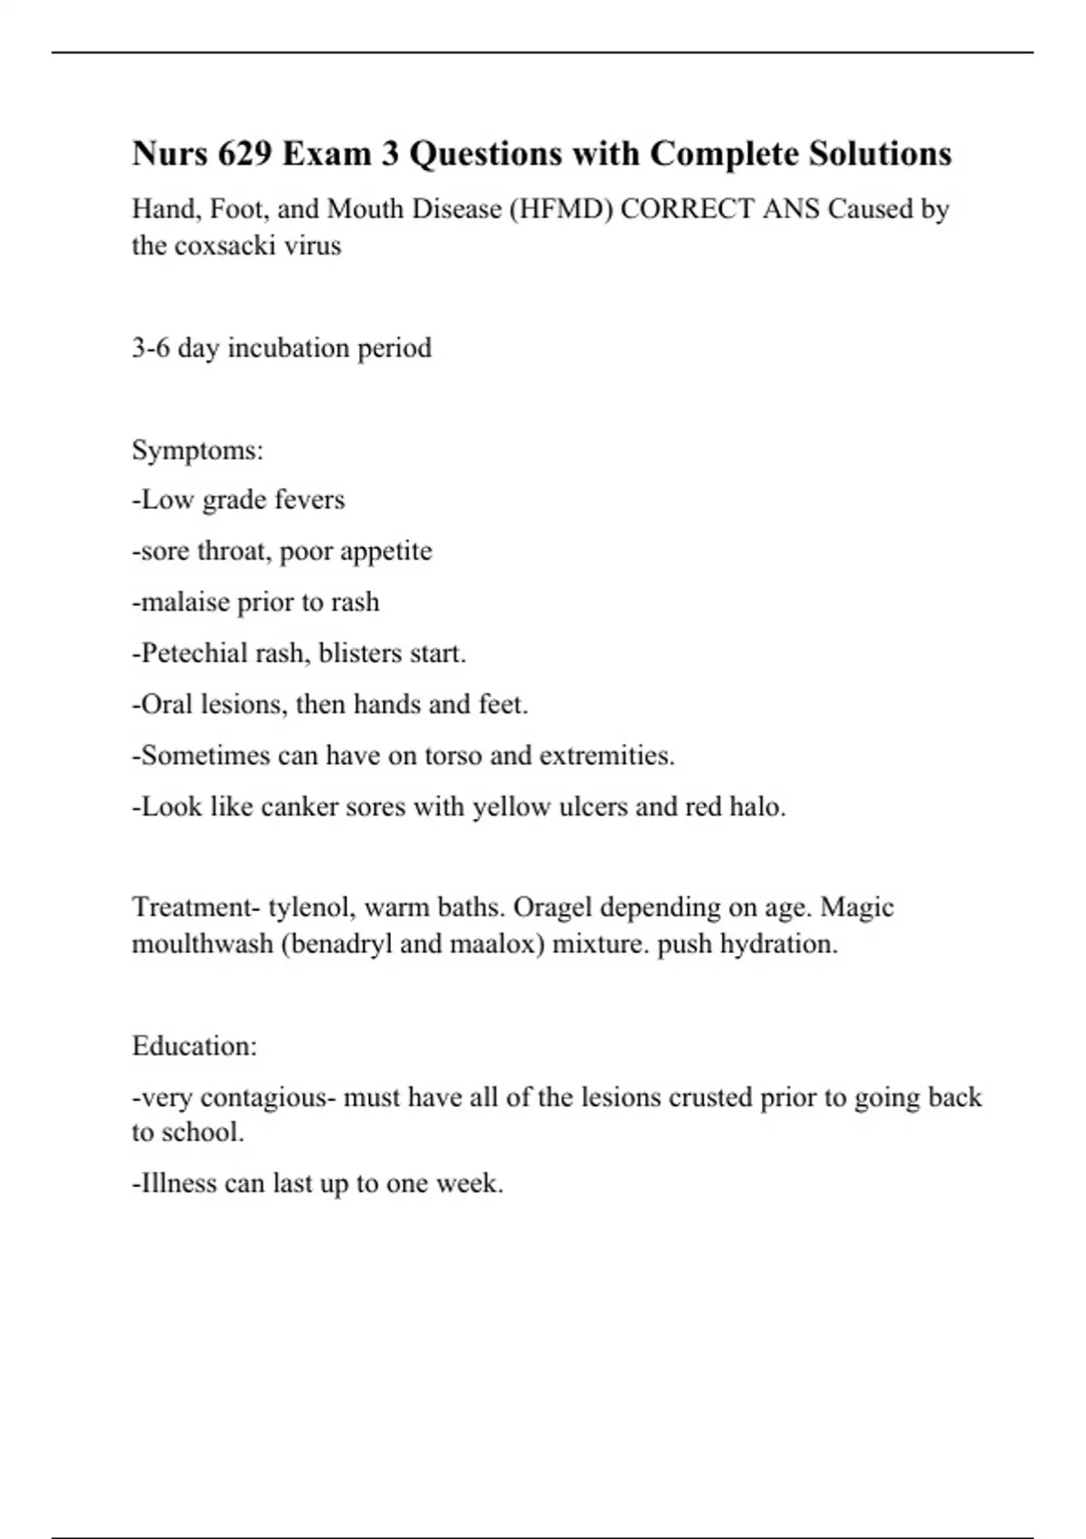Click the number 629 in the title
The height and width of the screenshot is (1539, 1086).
coord(244,154)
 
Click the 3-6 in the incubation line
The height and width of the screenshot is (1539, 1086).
coord(151,348)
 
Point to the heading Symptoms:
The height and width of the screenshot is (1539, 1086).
coord(197,450)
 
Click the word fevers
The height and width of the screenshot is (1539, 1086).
coord(310,500)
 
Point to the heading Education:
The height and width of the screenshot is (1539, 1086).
coord(195,1047)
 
